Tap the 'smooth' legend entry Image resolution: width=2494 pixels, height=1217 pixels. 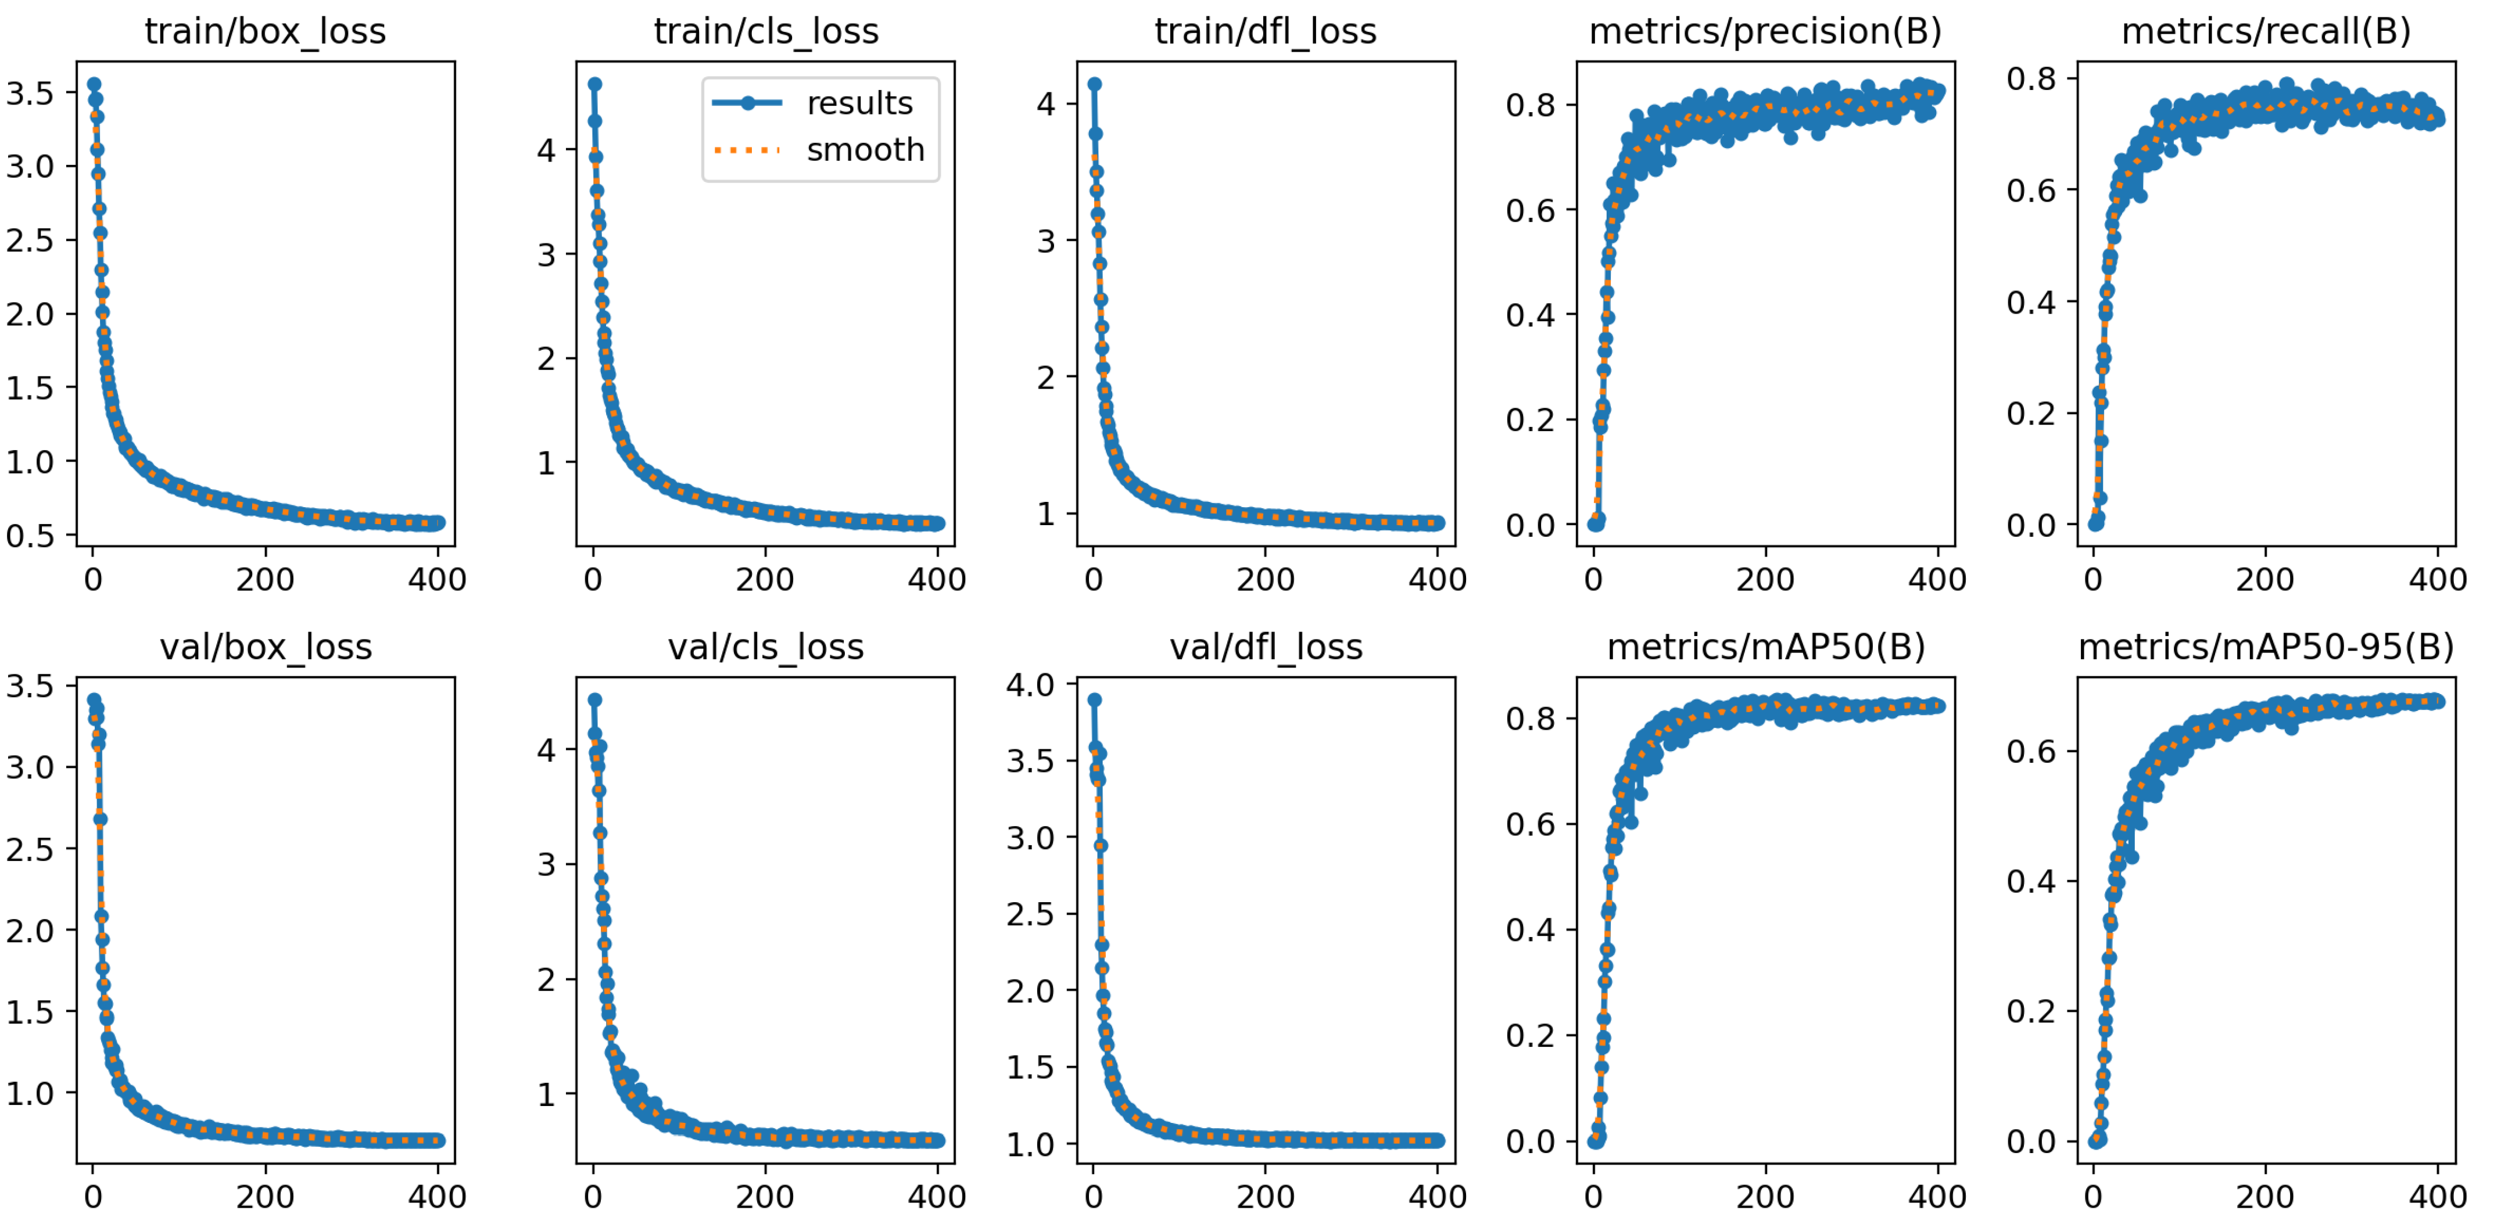865,150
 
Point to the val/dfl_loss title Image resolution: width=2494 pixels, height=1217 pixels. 1266,647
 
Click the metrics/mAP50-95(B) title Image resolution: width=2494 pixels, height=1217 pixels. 2266,647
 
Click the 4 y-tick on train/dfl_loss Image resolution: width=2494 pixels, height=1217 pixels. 1045,103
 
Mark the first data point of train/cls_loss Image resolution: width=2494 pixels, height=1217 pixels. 594,84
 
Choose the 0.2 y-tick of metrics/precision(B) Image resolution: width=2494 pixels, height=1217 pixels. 1530,420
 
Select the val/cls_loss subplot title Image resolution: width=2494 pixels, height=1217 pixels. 765,647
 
